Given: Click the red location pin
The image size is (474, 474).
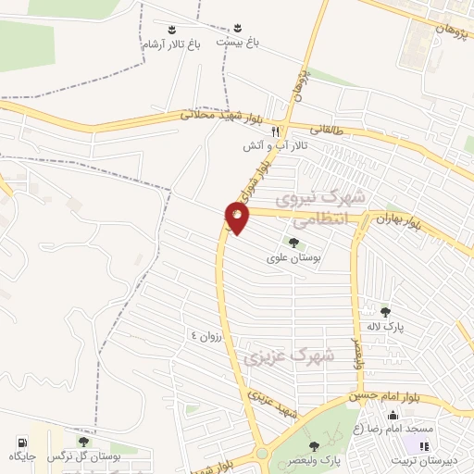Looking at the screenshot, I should click(x=238, y=218).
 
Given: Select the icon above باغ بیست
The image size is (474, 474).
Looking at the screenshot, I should click(x=236, y=26).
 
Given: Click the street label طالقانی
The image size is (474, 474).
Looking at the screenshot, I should click(x=334, y=133).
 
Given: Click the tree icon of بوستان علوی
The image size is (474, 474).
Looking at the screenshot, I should click(x=293, y=243).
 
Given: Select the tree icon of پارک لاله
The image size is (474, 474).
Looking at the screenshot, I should click(x=385, y=311).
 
